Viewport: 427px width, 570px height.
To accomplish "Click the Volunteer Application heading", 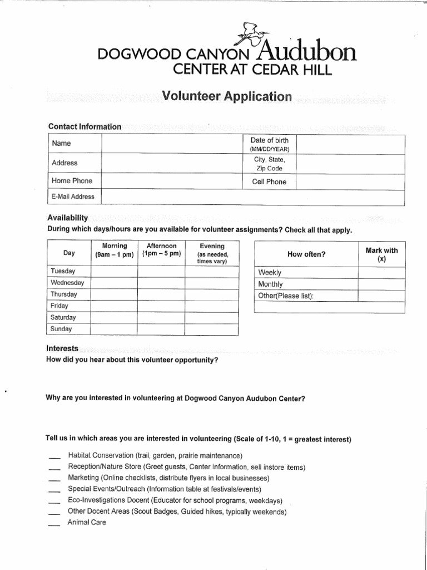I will tap(226, 96).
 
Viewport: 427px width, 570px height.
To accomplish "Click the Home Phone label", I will tap(72, 181).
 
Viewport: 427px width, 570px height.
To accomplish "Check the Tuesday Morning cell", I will tap(115, 271).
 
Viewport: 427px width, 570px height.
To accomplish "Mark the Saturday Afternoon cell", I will tap(161, 317).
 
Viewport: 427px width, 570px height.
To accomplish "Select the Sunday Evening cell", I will tap(212, 329).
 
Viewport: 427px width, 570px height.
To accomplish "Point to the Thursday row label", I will tap(64, 294).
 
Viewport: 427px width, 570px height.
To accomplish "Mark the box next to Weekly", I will tap(381, 272).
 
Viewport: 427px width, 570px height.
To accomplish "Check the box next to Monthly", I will tap(381, 284).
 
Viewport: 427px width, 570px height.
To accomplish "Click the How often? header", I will tap(306, 254).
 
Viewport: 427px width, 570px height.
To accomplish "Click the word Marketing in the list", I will tap(83, 478).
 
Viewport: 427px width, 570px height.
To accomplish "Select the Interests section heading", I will tap(62, 348).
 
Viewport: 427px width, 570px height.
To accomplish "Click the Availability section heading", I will tap(68, 218).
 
